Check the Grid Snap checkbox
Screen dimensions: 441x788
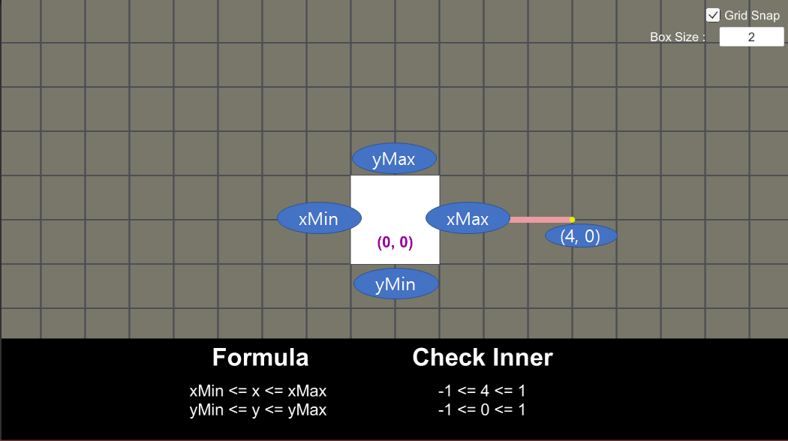(x=713, y=15)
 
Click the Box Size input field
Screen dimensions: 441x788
(x=751, y=37)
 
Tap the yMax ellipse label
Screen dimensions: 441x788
(x=394, y=158)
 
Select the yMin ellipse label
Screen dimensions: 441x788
(x=396, y=284)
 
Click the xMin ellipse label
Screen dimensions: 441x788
(x=319, y=219)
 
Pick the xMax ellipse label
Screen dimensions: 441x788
(x=468, y=219)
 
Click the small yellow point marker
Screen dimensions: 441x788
(x=572, y=220)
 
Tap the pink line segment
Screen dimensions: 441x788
(x=539, y=220)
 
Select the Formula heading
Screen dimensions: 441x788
(x=260, y=358)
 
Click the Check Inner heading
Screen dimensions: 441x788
(x=483, y=358)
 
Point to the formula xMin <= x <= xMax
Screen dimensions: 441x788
(x=258, y=391)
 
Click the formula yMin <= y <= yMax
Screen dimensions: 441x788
(x=258, y=409)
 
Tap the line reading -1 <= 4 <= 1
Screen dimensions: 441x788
(x=482, y=391)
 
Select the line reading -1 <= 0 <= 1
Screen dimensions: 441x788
(x=482, y=409)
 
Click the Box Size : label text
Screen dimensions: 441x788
(x=678, y=37)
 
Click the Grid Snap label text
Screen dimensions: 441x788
(x=752, y=15)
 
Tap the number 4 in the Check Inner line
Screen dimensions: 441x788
(x=483, y=391)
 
